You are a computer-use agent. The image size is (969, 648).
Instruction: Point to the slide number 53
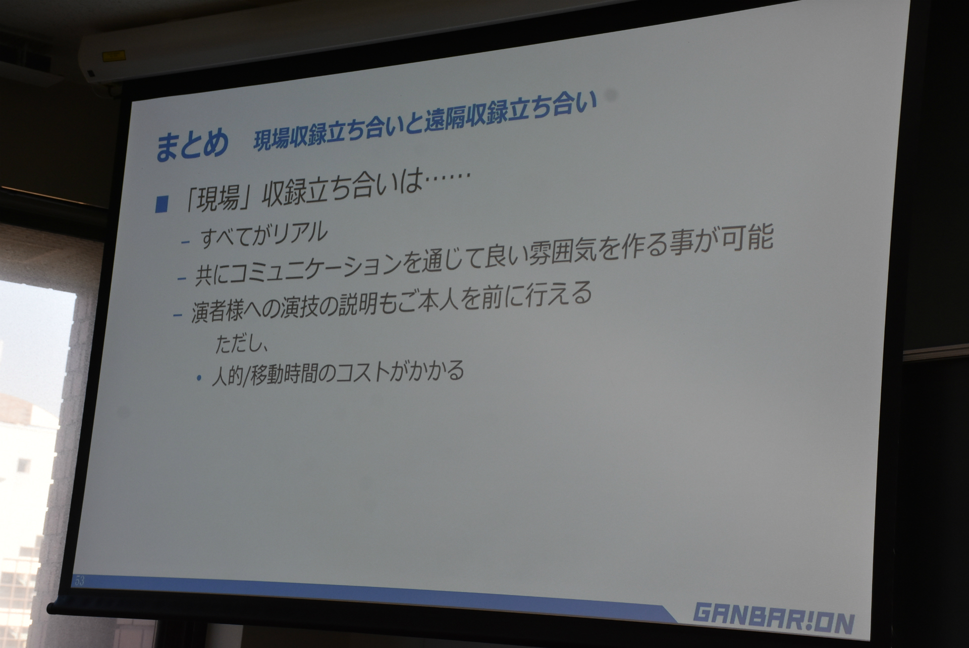80,580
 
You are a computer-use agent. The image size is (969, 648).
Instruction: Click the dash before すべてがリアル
186,242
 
